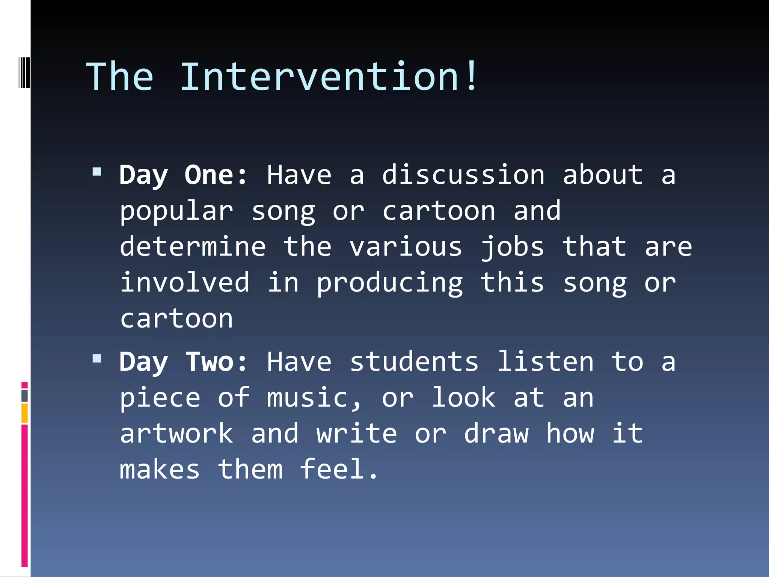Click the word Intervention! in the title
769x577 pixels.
click(329, 77)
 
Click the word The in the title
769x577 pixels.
click(120, 77)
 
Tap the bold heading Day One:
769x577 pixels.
click(183, 175)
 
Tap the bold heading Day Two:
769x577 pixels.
click(183, 362)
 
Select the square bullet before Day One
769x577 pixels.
click(97, 172)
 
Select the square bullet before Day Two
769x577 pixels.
click(97, 358)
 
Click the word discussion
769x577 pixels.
click(463, 175)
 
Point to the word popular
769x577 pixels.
click(176, 211)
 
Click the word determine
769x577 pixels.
click(193, 247)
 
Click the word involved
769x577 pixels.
click(185, 282)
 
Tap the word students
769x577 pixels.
click(414, 362)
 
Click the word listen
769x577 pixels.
click(545, 362)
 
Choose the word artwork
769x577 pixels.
click(176, 434)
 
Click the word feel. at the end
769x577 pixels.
click(339, 469)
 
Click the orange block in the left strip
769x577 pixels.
click(24, 413)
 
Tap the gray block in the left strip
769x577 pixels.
click(24, 396)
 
